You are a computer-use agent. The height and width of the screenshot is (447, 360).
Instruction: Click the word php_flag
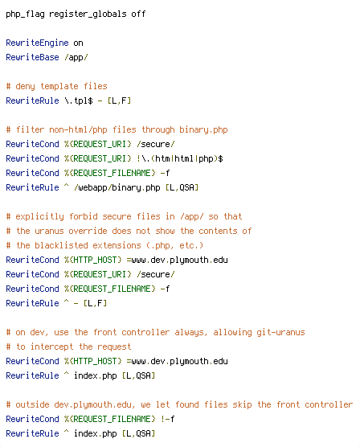point(26,14)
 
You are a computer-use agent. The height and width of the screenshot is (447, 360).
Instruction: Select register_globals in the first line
point(88,14)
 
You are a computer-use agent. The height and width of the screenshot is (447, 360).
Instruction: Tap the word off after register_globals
point(138,14)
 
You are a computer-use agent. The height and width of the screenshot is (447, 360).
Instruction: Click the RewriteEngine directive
point(37,43)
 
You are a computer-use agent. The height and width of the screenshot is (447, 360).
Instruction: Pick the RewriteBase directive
point(32,57)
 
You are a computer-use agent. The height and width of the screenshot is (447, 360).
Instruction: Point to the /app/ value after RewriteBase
point(76,58)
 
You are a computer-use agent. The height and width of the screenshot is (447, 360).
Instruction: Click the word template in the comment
point(59,86)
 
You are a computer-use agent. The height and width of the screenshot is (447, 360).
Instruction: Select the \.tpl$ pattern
point(79,100)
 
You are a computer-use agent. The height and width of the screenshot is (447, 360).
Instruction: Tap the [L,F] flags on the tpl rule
point(119,100)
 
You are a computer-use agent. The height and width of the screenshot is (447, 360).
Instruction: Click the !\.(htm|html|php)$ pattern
point(179,158)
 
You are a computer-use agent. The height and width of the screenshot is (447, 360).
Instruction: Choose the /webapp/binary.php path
point(117,187)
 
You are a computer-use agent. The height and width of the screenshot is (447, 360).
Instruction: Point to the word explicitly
point(39,216)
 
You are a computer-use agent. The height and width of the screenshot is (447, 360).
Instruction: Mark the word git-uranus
point(280,332)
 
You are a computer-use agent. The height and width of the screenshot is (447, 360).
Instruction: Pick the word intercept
point(51,347)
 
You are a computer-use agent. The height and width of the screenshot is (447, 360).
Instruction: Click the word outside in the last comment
point(32,405)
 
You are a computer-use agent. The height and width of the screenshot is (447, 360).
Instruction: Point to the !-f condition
point(167,419)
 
